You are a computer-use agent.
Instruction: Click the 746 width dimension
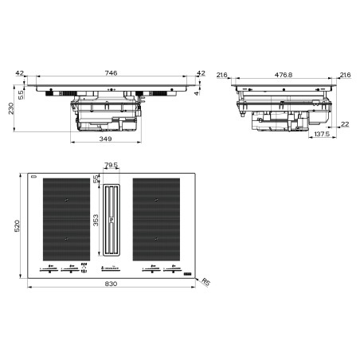click(112, 73)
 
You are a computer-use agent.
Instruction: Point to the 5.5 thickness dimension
click(21, 93)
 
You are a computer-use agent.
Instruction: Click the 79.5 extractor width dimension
click(111, 166)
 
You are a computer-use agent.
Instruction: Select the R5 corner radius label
click(205, 280)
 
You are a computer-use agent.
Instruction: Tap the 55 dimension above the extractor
click(96, 179)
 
